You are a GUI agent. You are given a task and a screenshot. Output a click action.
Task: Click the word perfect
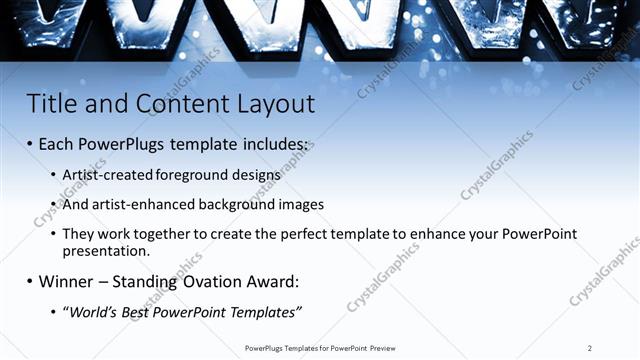(x=304, y=234)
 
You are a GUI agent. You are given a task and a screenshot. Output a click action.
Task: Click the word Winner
(x=67, y=281)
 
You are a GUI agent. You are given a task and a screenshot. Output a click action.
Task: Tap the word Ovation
(x=210, y=281)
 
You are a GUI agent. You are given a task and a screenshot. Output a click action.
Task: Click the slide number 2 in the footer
(x=590, y=348)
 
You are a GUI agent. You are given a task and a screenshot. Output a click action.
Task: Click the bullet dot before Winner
(x=29, y=282)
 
